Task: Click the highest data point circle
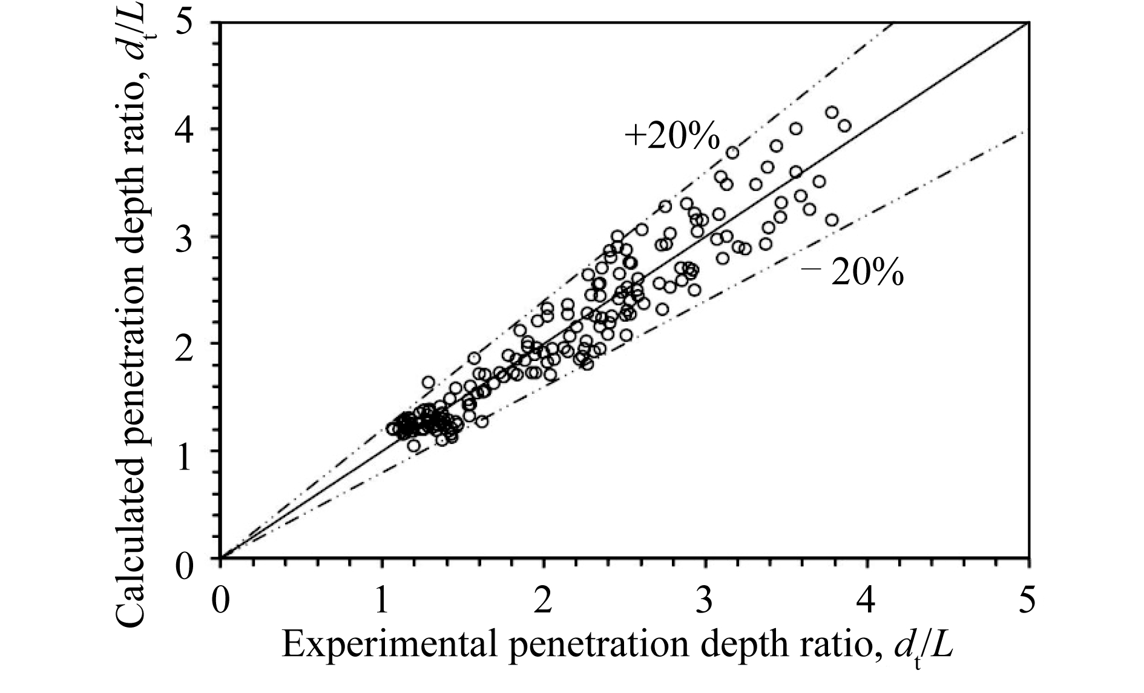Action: pos(832,112)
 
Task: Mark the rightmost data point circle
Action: pos(844,125)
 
